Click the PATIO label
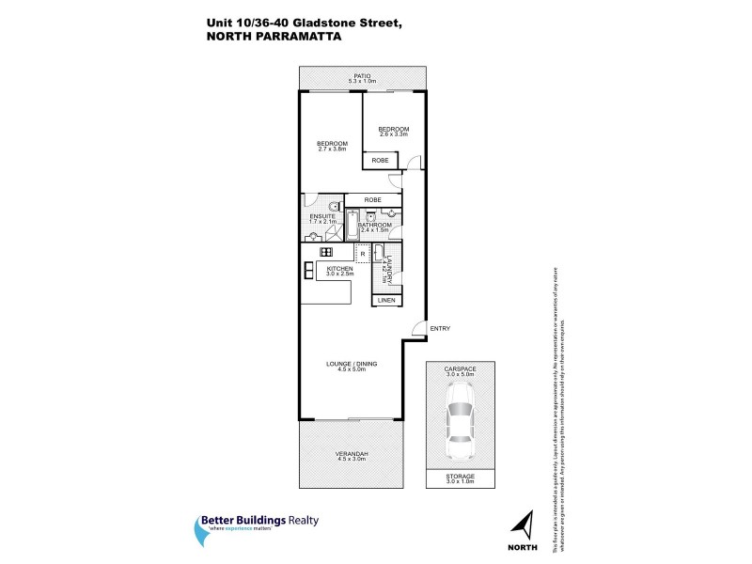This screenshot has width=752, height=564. coord(362,76)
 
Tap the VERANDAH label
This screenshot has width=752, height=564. coord(352,454)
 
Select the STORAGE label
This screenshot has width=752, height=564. coord(461,477)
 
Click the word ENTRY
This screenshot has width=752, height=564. coord(440,328)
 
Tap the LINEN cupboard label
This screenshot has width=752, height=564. coord(386,300)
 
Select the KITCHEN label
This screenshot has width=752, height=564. coord(339,269)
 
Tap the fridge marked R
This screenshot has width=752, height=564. coord(363,254)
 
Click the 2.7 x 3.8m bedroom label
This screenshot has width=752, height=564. coord(333,144)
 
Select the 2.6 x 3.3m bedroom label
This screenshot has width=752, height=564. coord(394,130)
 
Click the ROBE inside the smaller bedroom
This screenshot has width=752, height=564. coord(380,162)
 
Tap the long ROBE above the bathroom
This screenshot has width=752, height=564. coord(372,199)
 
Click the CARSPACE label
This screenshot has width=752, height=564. coord(461,369)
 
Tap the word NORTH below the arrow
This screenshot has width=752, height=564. coord(525,544)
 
